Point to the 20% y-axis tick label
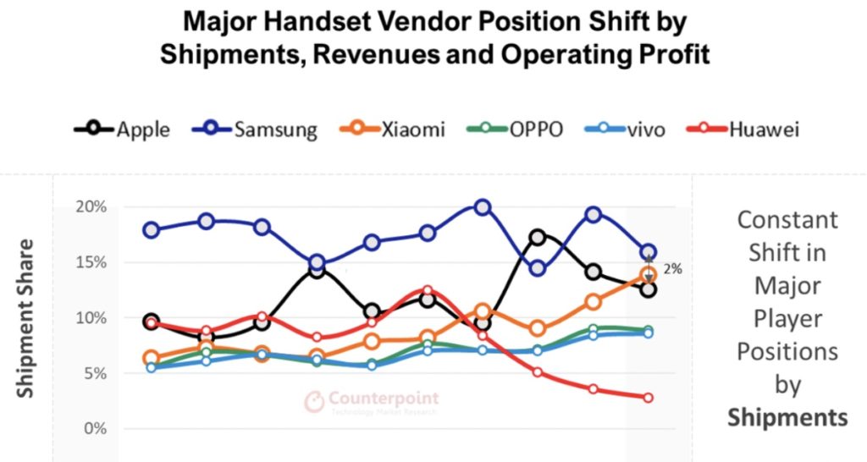pos(90,207)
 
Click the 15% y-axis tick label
pos(90,262)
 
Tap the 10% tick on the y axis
pos(90,318)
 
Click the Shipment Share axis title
pos(27,318)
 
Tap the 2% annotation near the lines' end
pos(673,268)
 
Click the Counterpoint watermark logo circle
pos(314,401)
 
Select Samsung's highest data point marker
pos(482,207)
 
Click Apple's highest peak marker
pos(538,238)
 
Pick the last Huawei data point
pos(648,398)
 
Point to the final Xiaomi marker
pos(648,275)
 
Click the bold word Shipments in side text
pos(787,416)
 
